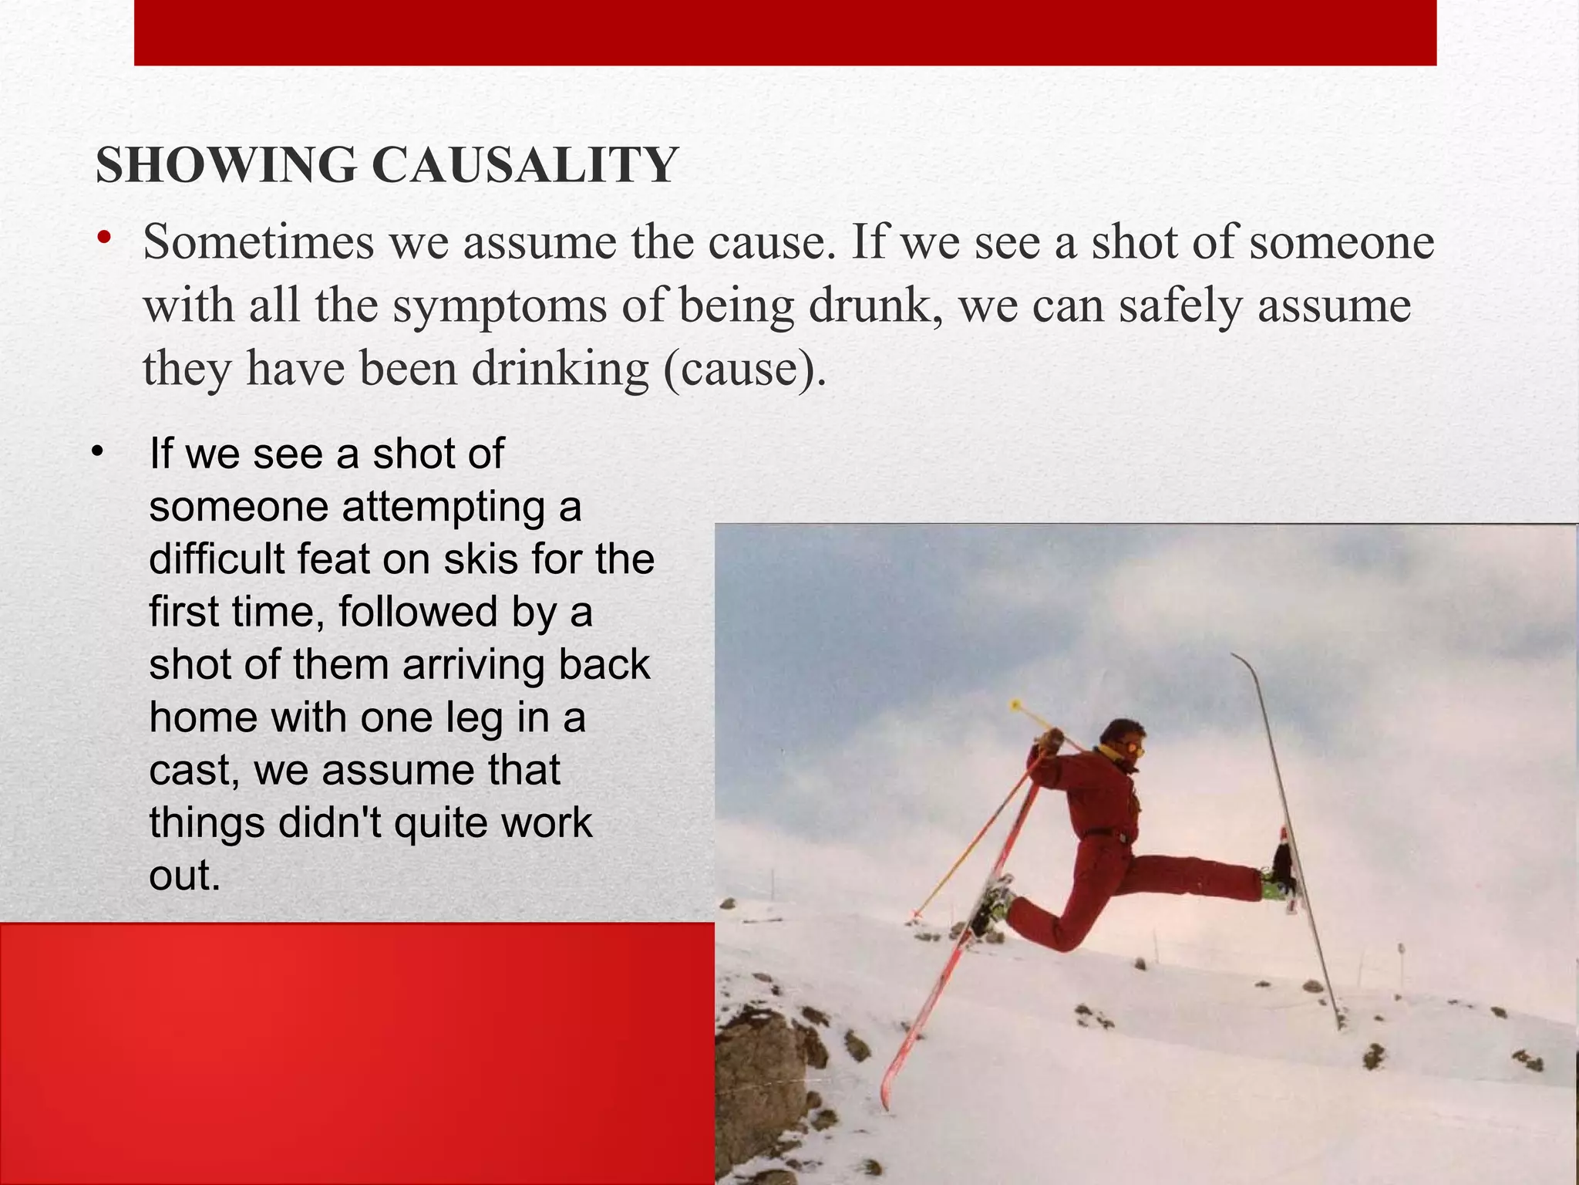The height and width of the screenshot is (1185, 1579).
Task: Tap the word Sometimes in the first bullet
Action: click(x=258, y=242)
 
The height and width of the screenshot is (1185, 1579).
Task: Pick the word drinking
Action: click(x=561, y=370)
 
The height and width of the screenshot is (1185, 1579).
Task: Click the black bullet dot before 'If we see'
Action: click(x=96, y=451)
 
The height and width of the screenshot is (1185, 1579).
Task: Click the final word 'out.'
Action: click(x=185, y=875)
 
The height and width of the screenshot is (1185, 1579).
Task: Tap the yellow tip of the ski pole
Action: click(x=1016, y=704)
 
